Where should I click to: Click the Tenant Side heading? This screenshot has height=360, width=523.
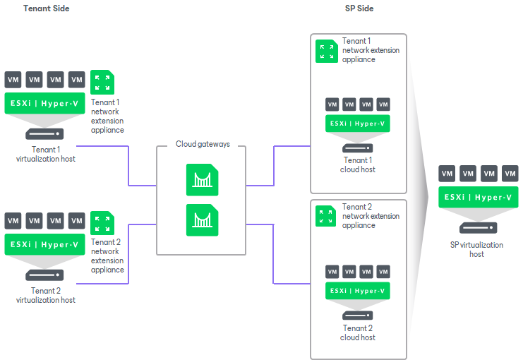coord(47,8)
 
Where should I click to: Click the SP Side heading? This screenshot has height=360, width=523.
coord(358,8)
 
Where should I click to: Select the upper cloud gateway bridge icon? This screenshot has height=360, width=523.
coord(203,179)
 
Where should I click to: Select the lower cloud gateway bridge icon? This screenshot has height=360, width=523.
coord(203,220)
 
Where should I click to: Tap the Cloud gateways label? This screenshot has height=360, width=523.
coord(203,144)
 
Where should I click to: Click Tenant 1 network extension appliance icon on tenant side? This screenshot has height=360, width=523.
coord(103,83)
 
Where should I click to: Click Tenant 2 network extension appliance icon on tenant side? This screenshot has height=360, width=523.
coord(103,223)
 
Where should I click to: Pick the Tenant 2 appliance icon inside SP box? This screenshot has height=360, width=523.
coord(327,215)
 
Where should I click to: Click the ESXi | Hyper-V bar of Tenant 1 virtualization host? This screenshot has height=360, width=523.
coord(45,104)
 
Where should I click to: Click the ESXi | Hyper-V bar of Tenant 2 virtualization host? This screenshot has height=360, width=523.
coord(45,244)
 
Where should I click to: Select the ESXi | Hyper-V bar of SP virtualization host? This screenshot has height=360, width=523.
coord(478,197)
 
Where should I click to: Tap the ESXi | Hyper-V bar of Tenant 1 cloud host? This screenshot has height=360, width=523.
coord(358,124)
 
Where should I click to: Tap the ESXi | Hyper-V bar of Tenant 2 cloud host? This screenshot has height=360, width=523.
coord(358,290)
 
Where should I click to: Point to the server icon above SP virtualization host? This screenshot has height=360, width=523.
coord(478,227)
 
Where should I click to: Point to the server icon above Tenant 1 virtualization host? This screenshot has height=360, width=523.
coord(45,133)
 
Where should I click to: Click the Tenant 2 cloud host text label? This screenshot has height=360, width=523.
coord(358,332)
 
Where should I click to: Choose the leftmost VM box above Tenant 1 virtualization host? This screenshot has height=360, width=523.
coord(13,79)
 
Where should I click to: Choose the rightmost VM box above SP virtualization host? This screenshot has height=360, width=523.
coord(510,174)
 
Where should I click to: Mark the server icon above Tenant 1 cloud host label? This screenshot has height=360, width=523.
coord(358,148)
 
